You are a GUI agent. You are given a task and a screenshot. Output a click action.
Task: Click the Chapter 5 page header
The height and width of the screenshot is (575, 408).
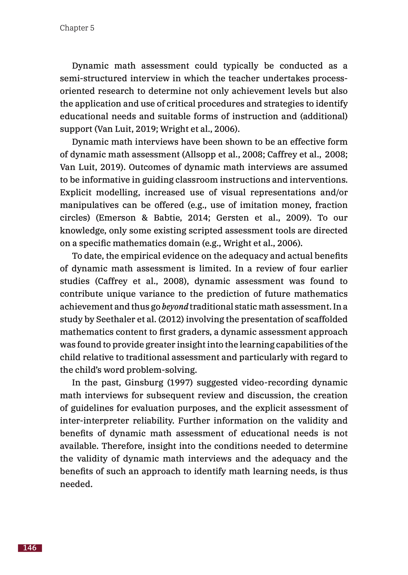click(77, 28)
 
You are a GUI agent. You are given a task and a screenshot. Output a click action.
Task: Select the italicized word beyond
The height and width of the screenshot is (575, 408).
click(175, 306)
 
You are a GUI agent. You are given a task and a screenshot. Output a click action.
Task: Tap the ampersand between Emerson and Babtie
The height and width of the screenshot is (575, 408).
click(145, 218)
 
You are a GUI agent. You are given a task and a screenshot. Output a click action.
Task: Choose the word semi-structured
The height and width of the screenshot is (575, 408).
click(93, 79)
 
